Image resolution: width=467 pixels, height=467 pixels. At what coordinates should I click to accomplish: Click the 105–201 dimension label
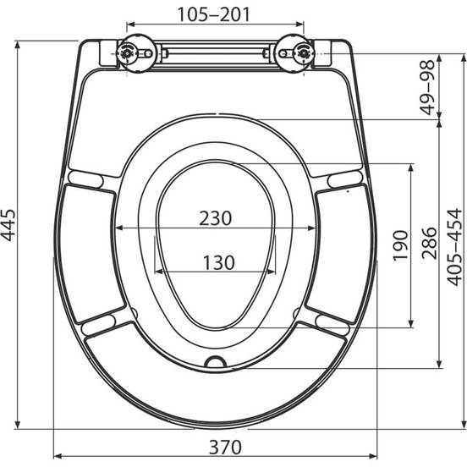coord(213,14)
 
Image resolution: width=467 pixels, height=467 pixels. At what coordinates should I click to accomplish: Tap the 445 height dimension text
coord(8,225)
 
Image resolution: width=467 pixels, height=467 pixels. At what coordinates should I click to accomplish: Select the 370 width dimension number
coord(225,447)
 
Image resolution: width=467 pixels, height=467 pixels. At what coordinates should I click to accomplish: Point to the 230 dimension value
coord(216,218)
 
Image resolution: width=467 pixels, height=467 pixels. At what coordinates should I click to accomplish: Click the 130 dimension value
coord(219,262)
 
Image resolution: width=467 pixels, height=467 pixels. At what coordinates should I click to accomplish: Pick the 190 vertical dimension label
coord(400,245)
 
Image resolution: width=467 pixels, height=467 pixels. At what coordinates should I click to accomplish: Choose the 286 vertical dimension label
coord(429,243)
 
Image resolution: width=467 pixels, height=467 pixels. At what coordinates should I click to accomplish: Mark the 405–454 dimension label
coord(454,247)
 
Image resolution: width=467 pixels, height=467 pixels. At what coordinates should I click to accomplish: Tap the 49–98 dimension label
coord(428,87)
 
